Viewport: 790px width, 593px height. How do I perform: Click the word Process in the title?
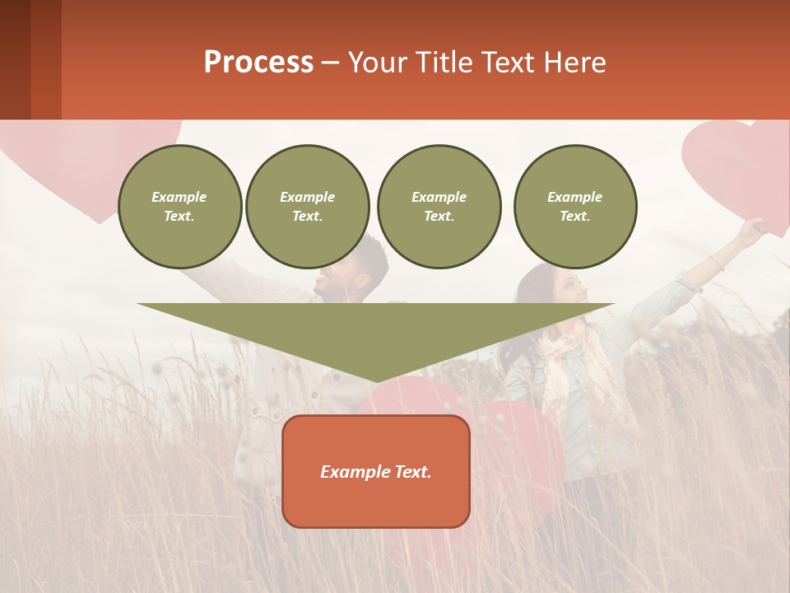[258, 63]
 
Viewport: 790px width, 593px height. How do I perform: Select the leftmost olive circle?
[179, 207]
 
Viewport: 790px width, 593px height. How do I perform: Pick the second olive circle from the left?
[307, 207]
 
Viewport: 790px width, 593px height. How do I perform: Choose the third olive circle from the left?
[439, 207]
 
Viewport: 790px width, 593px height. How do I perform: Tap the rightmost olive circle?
[574, 207]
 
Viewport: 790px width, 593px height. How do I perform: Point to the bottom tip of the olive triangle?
[376, 381]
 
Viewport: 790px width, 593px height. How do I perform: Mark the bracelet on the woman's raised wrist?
[718, 263]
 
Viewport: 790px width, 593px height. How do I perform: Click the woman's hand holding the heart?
[750, 230]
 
